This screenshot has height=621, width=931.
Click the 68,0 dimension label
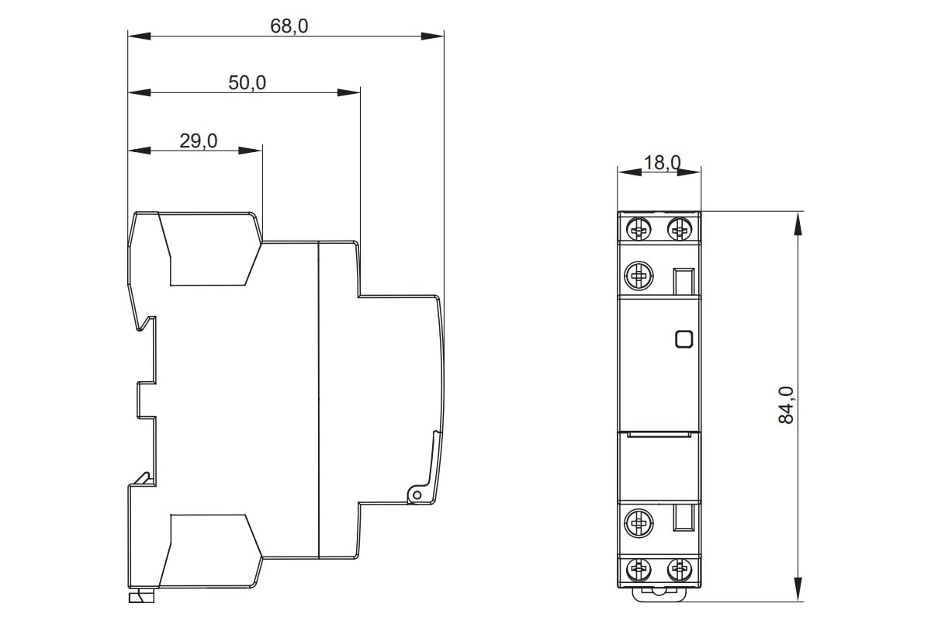[289, 26]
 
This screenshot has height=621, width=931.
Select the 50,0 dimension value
[247, 83]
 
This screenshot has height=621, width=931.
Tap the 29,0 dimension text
[199, 141]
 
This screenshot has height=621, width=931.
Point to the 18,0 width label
[662, 163]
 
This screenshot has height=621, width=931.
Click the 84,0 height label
[785, 404]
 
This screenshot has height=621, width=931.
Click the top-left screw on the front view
[639, 228]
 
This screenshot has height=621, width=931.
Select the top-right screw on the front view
[680, 228]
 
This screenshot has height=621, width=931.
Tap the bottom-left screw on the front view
[639, 569]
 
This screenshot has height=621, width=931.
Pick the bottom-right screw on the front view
[680, 569]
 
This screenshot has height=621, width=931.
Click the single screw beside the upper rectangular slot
[639, 275]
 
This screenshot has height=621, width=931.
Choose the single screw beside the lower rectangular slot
[639, 523]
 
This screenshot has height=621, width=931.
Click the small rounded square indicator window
[684, 339]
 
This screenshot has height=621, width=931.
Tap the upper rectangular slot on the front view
[684, 282]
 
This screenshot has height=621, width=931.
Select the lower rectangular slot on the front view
[684, 518]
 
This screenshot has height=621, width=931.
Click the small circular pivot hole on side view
[417, 495]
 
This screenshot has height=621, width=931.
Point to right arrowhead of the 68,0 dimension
[432, 36]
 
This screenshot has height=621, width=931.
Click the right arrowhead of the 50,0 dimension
[348, 92]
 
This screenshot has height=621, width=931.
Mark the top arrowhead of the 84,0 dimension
[798, 224]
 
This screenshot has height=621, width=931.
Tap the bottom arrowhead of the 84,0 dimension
[798, 589]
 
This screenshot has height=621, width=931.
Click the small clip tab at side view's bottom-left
[141, 598]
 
